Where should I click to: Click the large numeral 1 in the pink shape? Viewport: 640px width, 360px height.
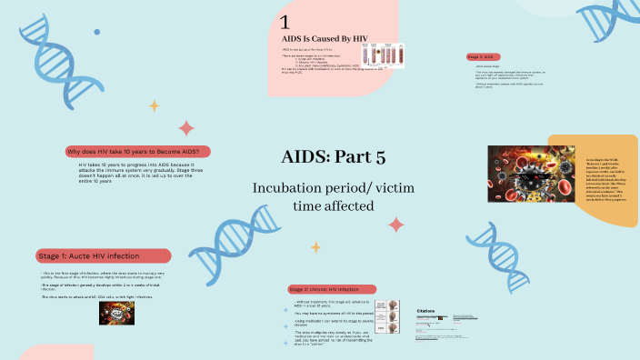click(x=285, y=22)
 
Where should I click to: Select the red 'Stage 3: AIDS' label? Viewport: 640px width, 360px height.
click(x=484, y=56)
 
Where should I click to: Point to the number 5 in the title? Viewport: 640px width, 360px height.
click(x=380, y=156)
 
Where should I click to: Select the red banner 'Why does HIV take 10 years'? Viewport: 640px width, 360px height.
click(x=137, y=151)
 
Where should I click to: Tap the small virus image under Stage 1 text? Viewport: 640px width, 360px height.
click(x=117, y=313)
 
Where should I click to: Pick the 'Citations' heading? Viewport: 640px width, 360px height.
click(x=428, y=310)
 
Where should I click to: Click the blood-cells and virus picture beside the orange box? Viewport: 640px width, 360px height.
click(x=519, y=174)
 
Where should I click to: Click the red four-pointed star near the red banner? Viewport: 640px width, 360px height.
click(x=186, y=127)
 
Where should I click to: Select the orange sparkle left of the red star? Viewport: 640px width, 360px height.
click(x=155, y=105)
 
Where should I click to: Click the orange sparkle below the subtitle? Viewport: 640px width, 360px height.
click(x=315, y=246)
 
